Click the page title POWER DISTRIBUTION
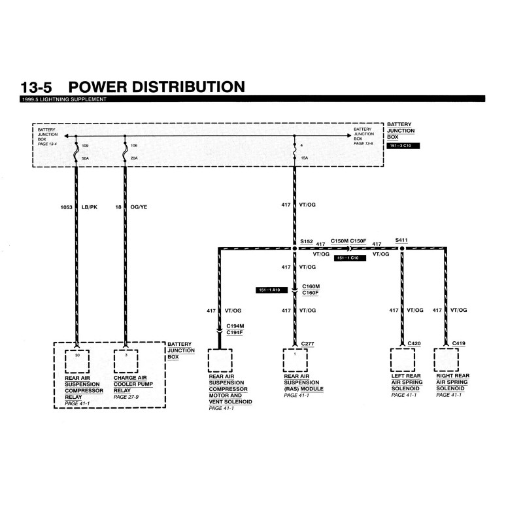click(x=156, y=87)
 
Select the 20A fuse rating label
click(x=134, y=158)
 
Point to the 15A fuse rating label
click(x=303, y=158)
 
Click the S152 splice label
click(x=307, y=241)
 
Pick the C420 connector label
click(x=415, y=343)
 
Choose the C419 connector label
click(x=459, y=343)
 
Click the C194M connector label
click(x=235, y=325)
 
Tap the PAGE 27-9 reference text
click(x=127, y=397)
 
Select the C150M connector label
click(x=340, y=241)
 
